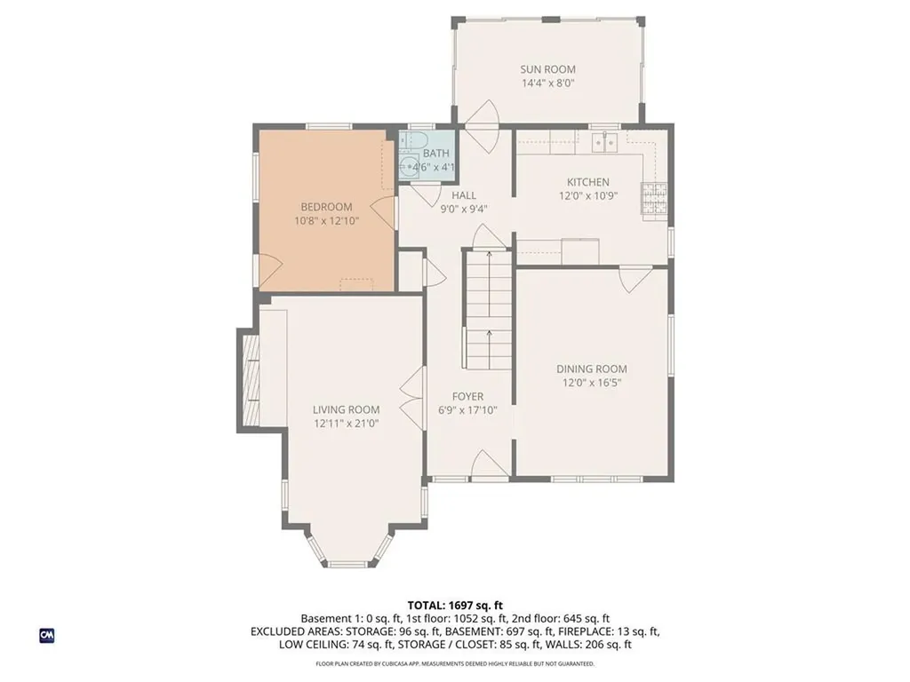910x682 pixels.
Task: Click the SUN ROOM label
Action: pos(547,69)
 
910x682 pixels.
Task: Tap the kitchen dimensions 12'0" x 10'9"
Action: pos(587,195)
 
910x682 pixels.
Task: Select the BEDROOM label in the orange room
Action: pos(325,207)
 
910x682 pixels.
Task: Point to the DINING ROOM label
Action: pos(591,369)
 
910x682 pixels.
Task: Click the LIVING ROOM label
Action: pos(346,409)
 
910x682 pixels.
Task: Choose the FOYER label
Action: pos(467,397)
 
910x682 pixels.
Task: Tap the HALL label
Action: pos(464,195)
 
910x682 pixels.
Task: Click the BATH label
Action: pos(435,154)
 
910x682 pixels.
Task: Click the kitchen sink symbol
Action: pos(606,140)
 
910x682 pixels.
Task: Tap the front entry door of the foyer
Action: pos(488,465)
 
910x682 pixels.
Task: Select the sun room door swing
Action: pos(483,115)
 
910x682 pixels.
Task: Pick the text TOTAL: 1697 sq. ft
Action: pos(455,605)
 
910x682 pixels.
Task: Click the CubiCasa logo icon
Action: pos(46,635)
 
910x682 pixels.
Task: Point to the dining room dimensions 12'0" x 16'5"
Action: pos(591,383)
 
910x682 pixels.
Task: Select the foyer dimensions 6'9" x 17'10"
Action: pos(467,410)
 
